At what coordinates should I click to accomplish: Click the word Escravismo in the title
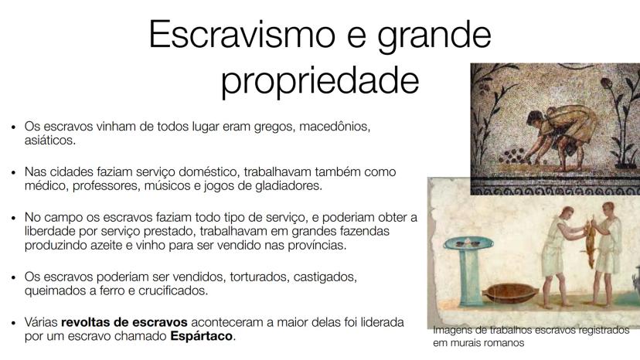(x=242, y=34)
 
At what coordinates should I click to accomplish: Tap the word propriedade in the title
(x=320, y=81)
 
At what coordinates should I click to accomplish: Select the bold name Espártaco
(x=201, y=336)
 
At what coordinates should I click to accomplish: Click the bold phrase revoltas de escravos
(x=124, y=322)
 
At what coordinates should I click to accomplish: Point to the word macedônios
(x=335, y=127)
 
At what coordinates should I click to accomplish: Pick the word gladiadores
(x=288, y=185)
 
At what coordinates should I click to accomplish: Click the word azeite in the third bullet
(x=113, y=246)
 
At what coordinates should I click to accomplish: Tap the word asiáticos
(x=49, y=141)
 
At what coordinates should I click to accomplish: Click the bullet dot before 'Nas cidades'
(x=13, y=172)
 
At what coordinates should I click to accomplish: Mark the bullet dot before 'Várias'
(x=13, y=323)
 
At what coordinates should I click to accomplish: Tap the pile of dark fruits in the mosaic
(x=513, y=156)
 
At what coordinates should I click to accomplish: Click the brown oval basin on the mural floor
(x=510, y=293)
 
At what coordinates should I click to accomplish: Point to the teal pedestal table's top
(x=468, y=243)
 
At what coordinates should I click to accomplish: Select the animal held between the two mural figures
(x=589, y=242)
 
